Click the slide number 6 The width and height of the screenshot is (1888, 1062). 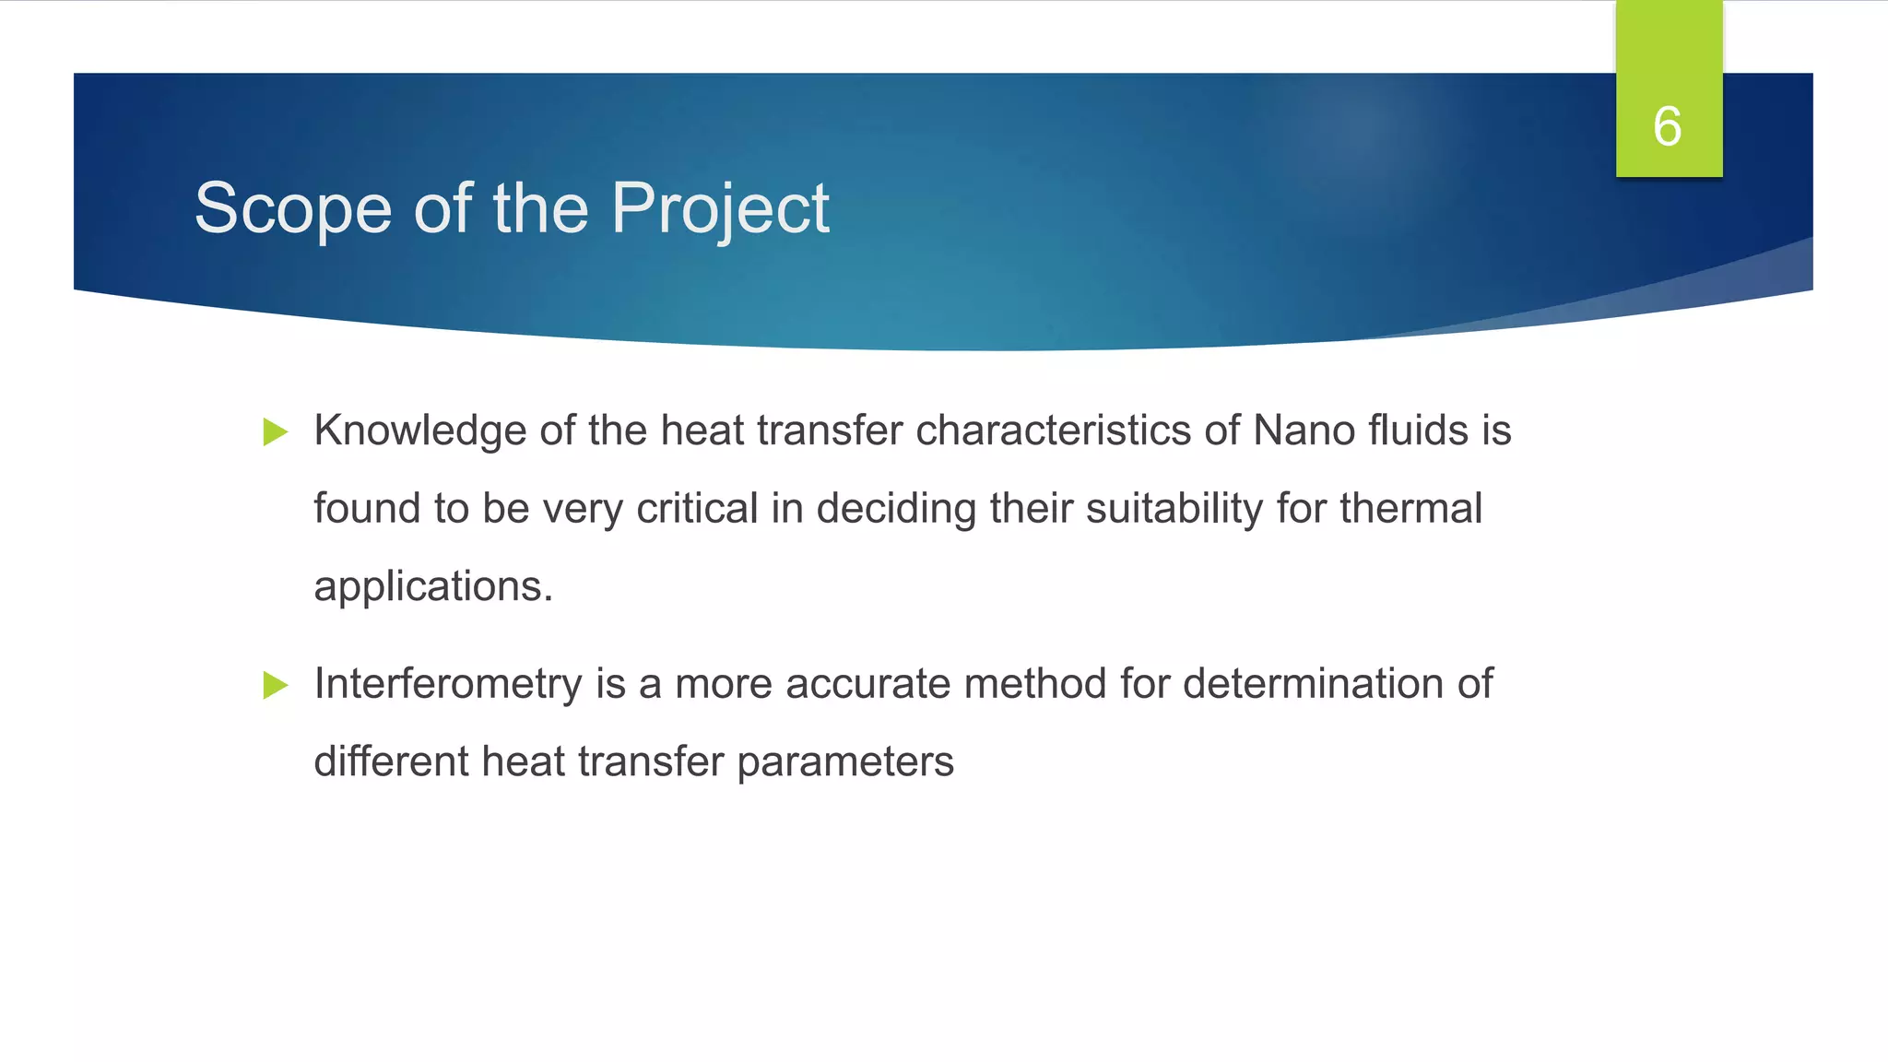click(1668, 126)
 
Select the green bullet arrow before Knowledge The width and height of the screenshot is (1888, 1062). click(276, 431)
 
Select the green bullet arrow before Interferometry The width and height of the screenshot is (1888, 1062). click(276, 685)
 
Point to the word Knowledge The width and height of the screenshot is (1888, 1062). click(419, 431)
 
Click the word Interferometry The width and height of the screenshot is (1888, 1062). click(448, 684)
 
